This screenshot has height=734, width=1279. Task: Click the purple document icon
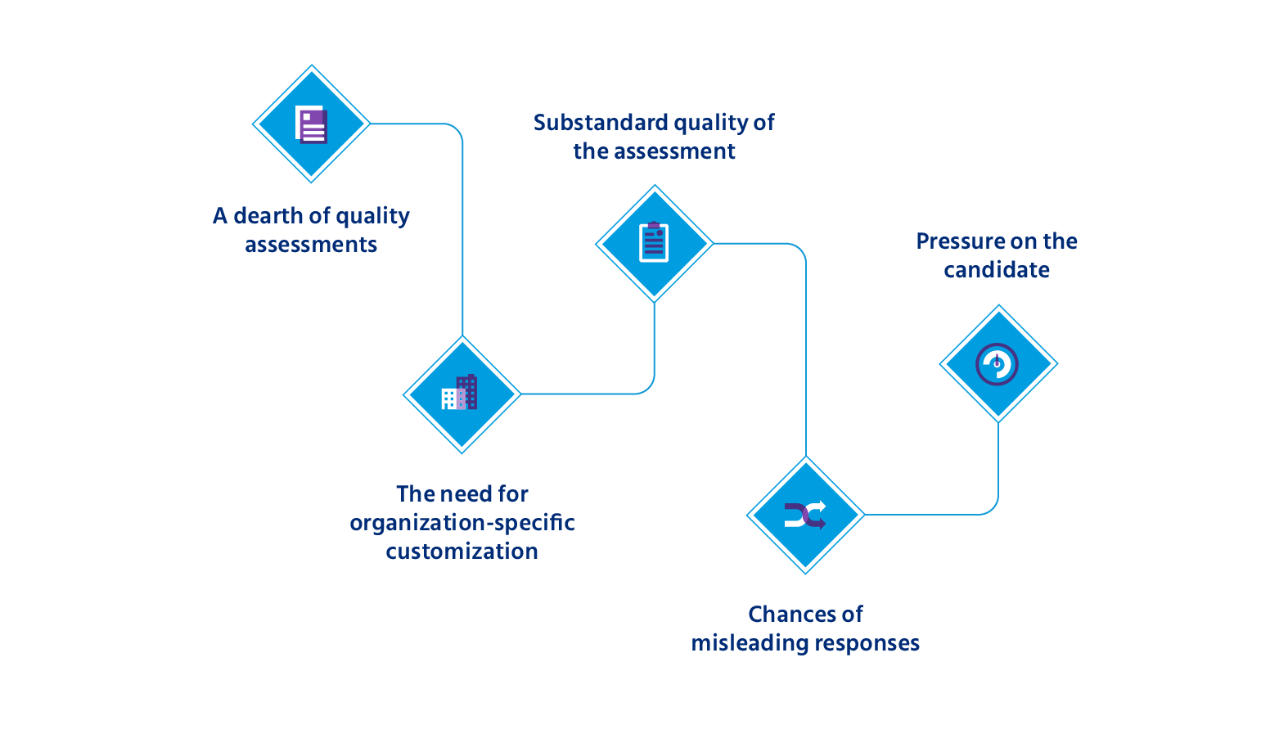click(x=311, y=124)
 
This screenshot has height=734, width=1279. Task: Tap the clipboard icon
click(x=654, y=242)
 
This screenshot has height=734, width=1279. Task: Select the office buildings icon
click(x=460, y=392)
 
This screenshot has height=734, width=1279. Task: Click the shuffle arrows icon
click(x=805, y=515)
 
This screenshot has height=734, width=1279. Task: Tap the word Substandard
click(x=601, y=123)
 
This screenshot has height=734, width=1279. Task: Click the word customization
click(x=462, y=552)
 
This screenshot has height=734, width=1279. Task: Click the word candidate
click(x=997, y=270)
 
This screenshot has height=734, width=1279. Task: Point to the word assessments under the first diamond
click(x=311, y=245)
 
